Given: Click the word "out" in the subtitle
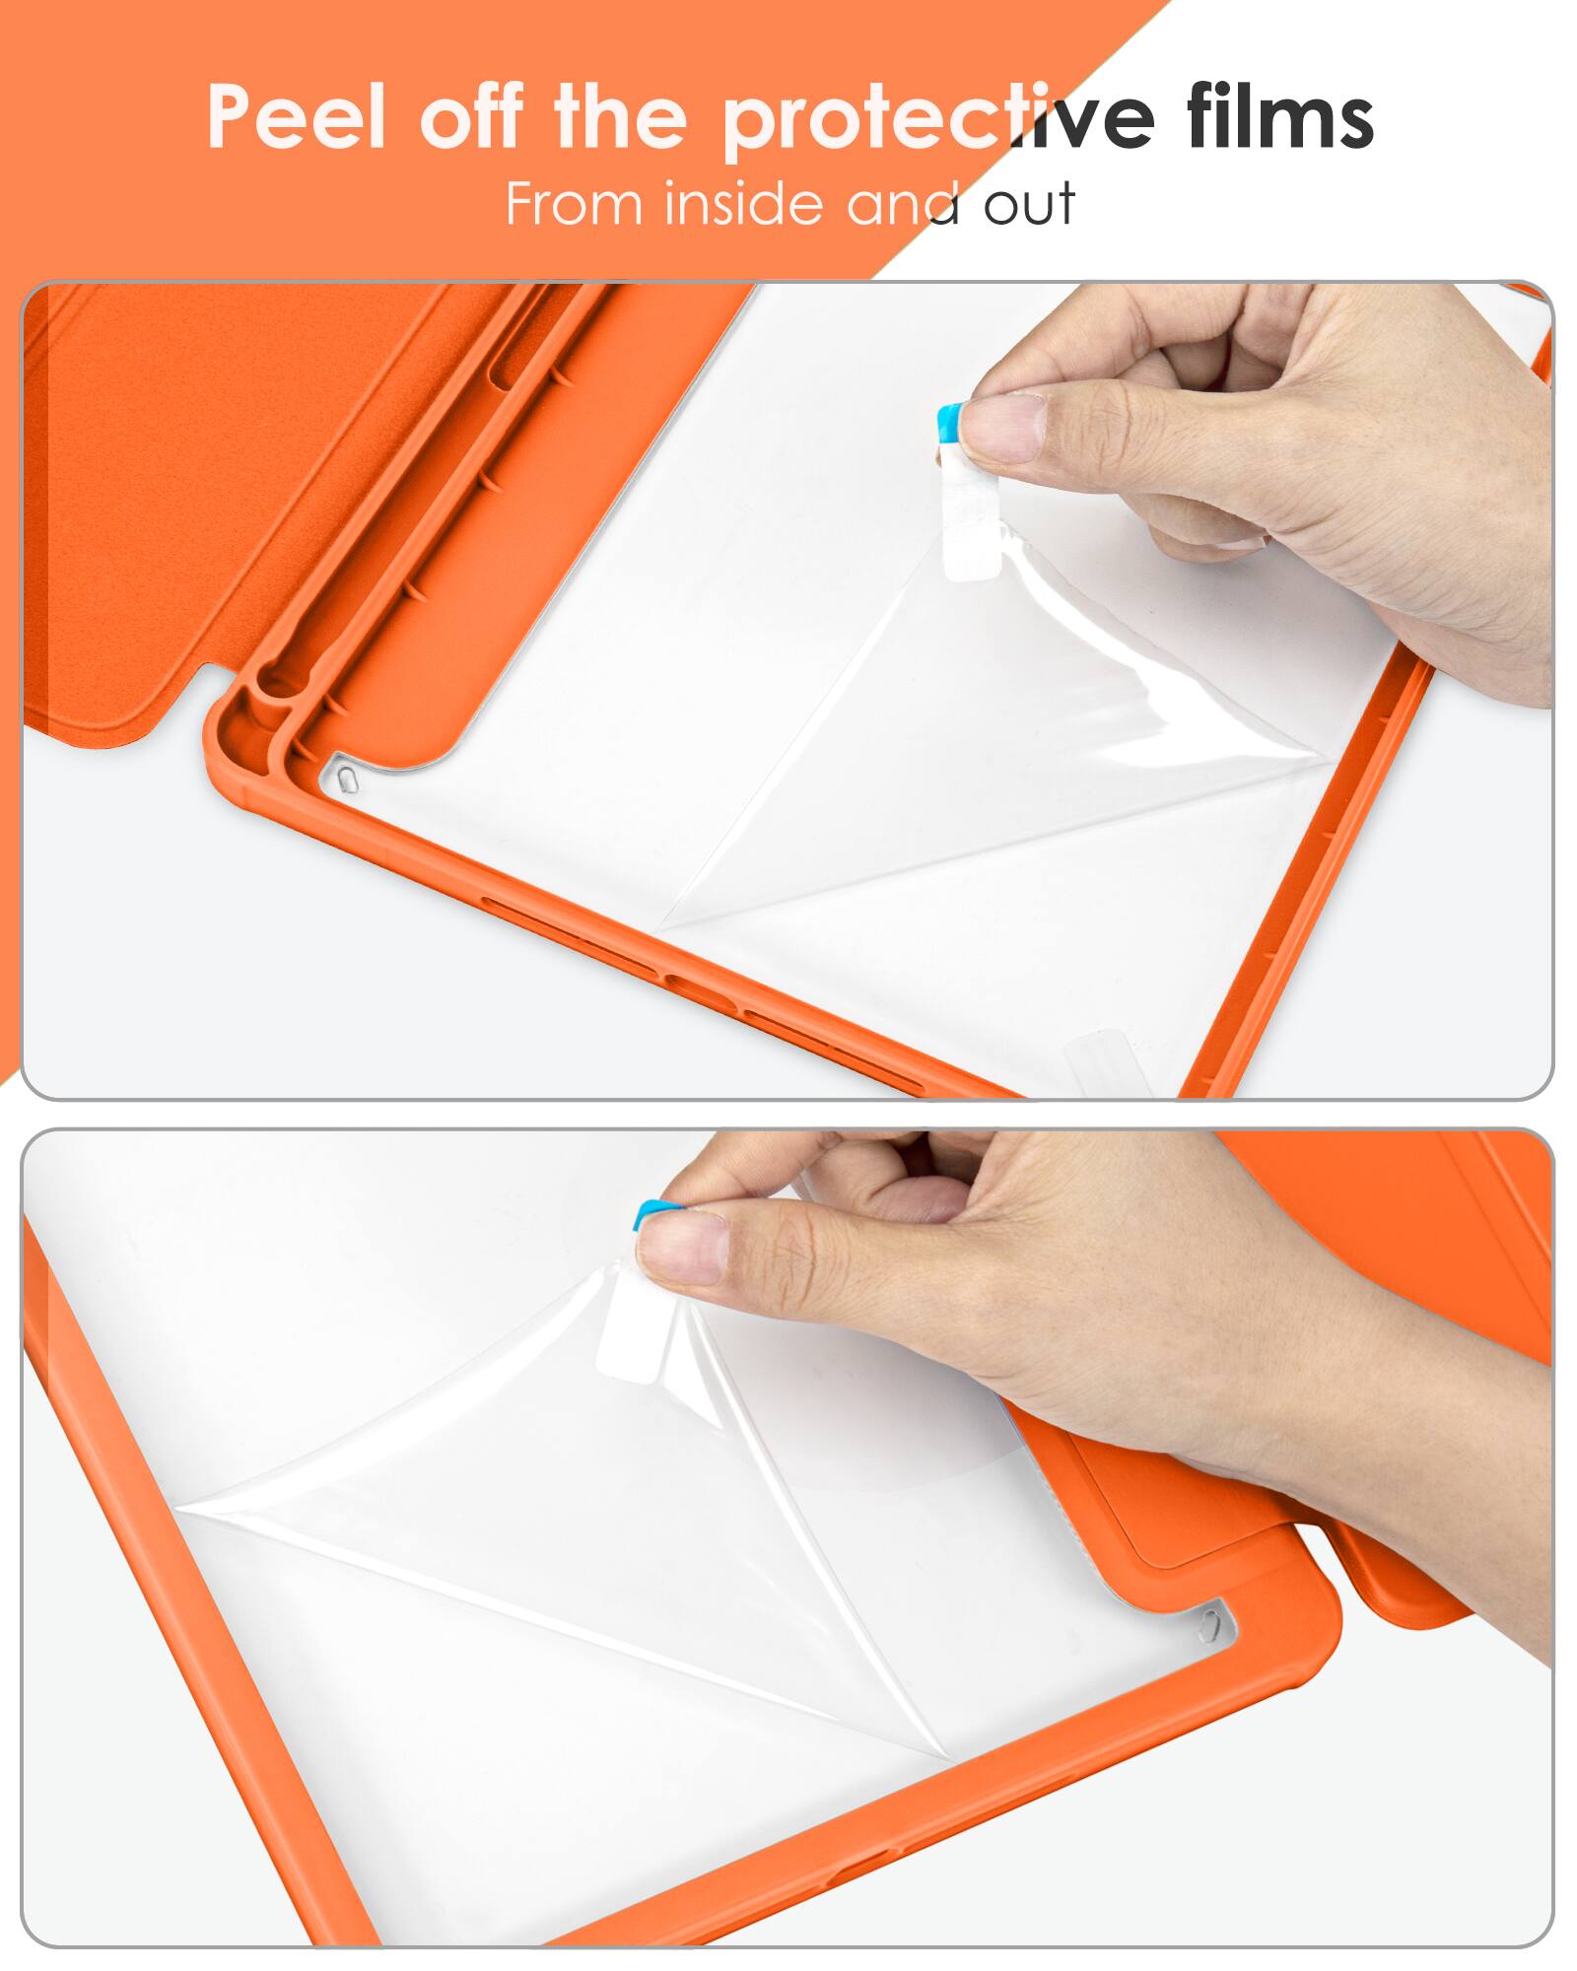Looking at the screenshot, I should point(1028,206).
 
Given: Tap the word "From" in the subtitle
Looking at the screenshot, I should point(574,204).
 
